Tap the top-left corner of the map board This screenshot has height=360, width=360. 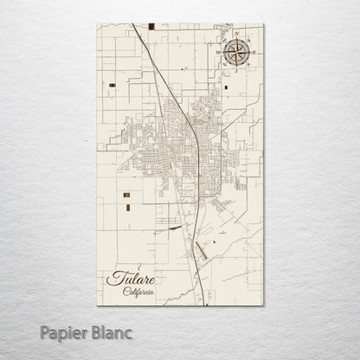[97, 24]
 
